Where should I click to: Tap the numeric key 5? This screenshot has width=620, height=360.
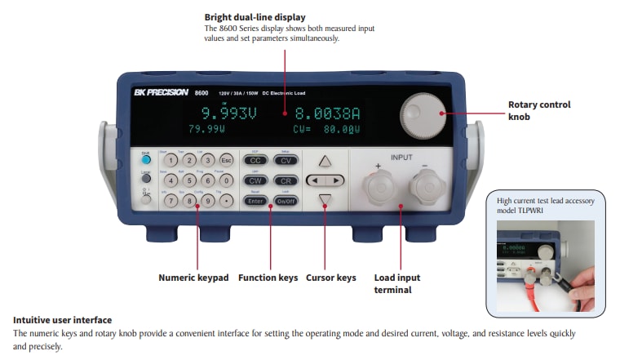pos(189,180)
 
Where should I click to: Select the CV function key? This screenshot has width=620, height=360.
pos(286,161)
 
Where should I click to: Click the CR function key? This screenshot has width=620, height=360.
pos(286,180)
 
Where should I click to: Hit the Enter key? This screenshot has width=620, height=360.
pos(255,200)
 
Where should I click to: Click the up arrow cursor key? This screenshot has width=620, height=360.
pos(325,161)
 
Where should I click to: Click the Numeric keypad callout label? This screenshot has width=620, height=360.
pos(194,278)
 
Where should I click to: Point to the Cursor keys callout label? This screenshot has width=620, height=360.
pos(330,278)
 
